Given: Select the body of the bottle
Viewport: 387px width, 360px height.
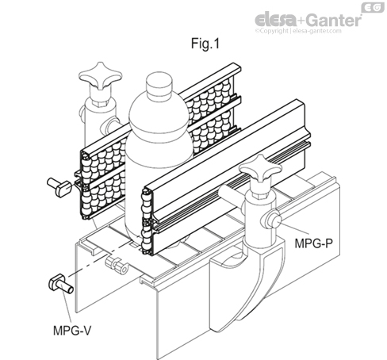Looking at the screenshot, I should [x=159, y=159].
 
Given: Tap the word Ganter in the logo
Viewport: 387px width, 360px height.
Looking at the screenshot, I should [x=337, y=17].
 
